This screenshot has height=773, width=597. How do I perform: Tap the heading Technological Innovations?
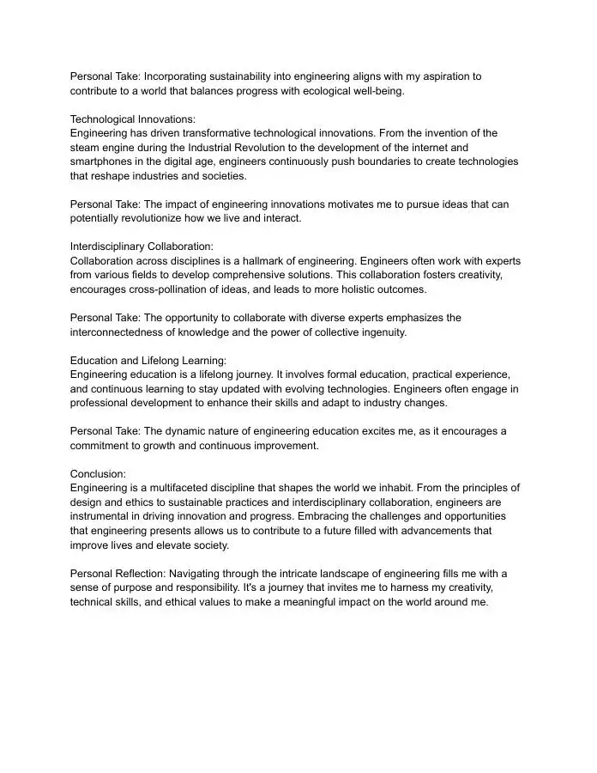tap(133, 119)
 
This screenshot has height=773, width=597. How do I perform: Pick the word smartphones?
tap(102, 161)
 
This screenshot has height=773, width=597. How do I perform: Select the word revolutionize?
tap(151, 218)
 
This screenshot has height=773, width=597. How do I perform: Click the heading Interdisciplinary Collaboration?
tap(142, 247)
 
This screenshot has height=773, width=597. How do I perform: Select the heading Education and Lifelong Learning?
tap(148, 361)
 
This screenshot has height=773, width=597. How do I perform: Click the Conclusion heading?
tap(98, 474)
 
